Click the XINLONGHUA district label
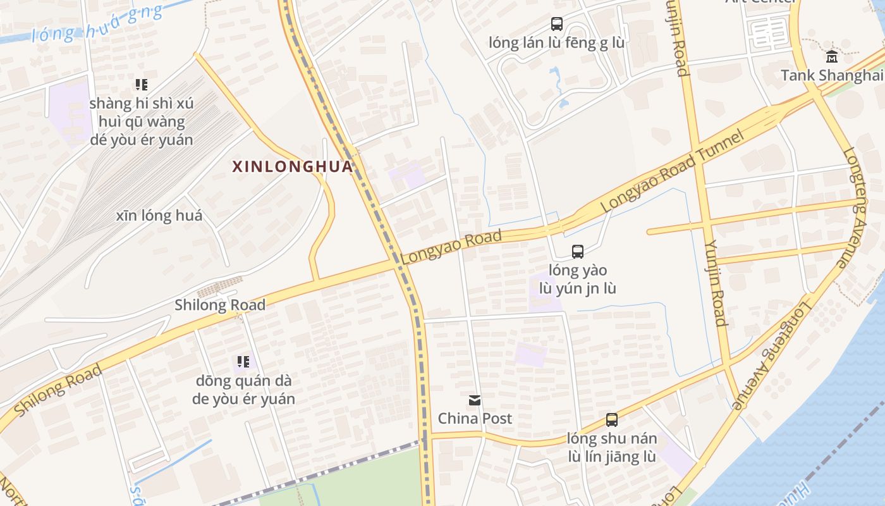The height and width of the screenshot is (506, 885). (291, 166)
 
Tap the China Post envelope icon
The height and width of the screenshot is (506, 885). (475, 400)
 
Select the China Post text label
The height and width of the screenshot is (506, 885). (475, 418)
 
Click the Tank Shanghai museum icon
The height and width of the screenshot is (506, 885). (832, 56)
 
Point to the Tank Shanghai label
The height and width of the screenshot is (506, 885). (831, 75)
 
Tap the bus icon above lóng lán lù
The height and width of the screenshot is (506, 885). (556, 24)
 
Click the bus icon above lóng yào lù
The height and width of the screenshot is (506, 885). (578, 251)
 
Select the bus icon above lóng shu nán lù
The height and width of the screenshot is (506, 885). (611, 419)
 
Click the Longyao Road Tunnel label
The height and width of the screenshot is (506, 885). (671, 172)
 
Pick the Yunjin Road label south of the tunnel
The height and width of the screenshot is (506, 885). (716, 283)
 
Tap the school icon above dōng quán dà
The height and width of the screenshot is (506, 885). (243, 362)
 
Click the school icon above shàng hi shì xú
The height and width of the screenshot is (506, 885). (142, 84)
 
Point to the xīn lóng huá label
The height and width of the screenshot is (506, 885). (159, 216)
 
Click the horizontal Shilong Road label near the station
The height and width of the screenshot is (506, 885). (220, 305)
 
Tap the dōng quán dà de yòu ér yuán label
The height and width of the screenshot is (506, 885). (243, 390)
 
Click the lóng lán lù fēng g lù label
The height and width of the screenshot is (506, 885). (556, 43)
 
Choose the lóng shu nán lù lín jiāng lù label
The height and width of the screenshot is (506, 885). (611, 447)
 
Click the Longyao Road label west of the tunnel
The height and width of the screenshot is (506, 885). (451, 247)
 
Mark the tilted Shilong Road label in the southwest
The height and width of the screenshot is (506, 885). (58, 390)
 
